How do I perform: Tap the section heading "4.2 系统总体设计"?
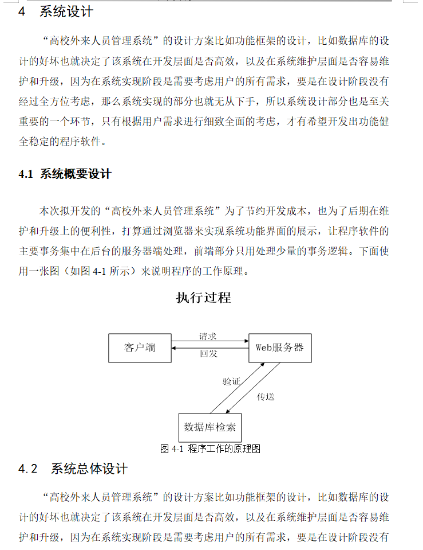pyautogui.click(x=73, y=469)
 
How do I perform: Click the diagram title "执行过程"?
pyautogui.click(x=203, y=298)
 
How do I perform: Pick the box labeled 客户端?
pyautogui.click(x=140, y=348)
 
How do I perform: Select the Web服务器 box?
pyautogui.click(x=279, y=348)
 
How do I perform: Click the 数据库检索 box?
pyautogui.click(x=210, y=427)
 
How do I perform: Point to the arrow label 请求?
pyautogui.click(x=207, y=337)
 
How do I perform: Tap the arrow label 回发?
pyautogui.click(x=208, y=354)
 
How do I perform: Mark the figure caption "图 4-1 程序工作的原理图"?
pyautogui.click(x=210, y=448)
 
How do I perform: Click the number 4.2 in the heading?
pyautogui.click(x=27, y=469)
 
